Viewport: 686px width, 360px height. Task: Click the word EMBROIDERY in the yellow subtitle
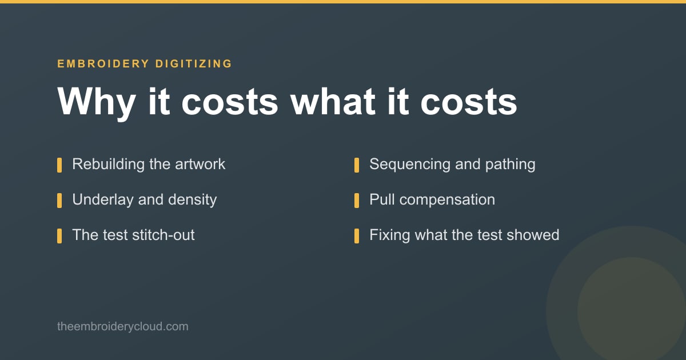point(103,63)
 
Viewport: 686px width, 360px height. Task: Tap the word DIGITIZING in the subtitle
point(194,63)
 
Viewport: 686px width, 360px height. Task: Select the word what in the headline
point(333,101)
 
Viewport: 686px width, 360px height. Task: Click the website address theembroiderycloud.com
point(123,326)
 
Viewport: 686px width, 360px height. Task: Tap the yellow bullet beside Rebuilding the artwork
point(59,165)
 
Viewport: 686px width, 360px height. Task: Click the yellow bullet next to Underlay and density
point(59,201)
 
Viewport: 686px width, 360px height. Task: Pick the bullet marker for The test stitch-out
point(59,236)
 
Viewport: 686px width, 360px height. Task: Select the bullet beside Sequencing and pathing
point(357,165)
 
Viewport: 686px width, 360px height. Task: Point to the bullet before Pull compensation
point(357,201)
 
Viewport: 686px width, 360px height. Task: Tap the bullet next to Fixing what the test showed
point(357,236)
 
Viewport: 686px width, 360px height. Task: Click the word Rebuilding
point(109,165)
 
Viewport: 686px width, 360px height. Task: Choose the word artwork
point(200,164)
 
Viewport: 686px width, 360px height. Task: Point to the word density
point(192,200)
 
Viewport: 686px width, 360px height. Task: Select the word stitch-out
point(163,235)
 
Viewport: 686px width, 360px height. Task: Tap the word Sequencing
point(410,165)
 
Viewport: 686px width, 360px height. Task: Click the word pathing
point(510,165)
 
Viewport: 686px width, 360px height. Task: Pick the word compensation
point(447,200)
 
